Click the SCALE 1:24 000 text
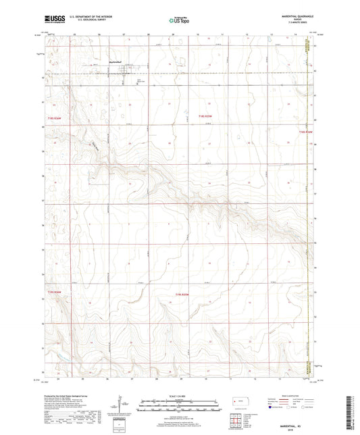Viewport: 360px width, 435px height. pyautogui.click(x=179, y=395)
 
